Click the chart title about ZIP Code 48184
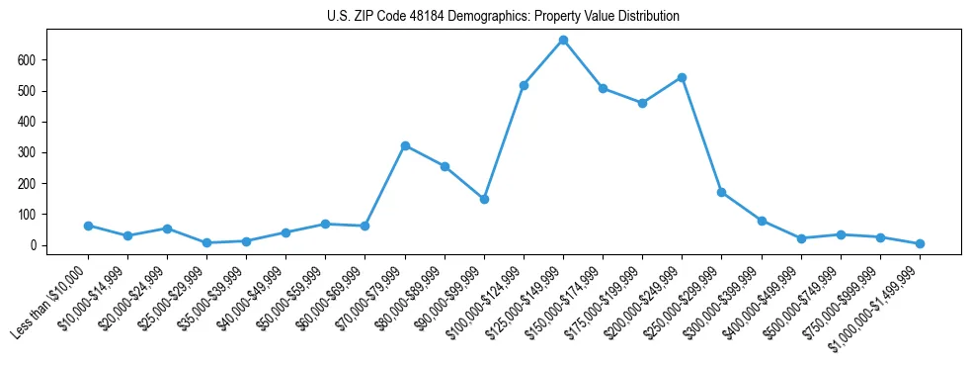click(x=503, y=17)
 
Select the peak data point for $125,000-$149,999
click(x=563, y=40)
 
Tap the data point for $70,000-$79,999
click(x=405, y=145)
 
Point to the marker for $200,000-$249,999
click(x=682, y=77)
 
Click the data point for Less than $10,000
click(x=88, y=226)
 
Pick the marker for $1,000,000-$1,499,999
click(x=920, y=243)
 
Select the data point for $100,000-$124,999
click(x=524, y=85)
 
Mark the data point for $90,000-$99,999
click(x=484, y=199)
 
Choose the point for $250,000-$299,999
click(x=722, y=192)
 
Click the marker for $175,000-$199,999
click(x=642, y=103)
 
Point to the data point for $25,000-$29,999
click(x=206, y=242)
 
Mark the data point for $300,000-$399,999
click(x=762, y=221)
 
